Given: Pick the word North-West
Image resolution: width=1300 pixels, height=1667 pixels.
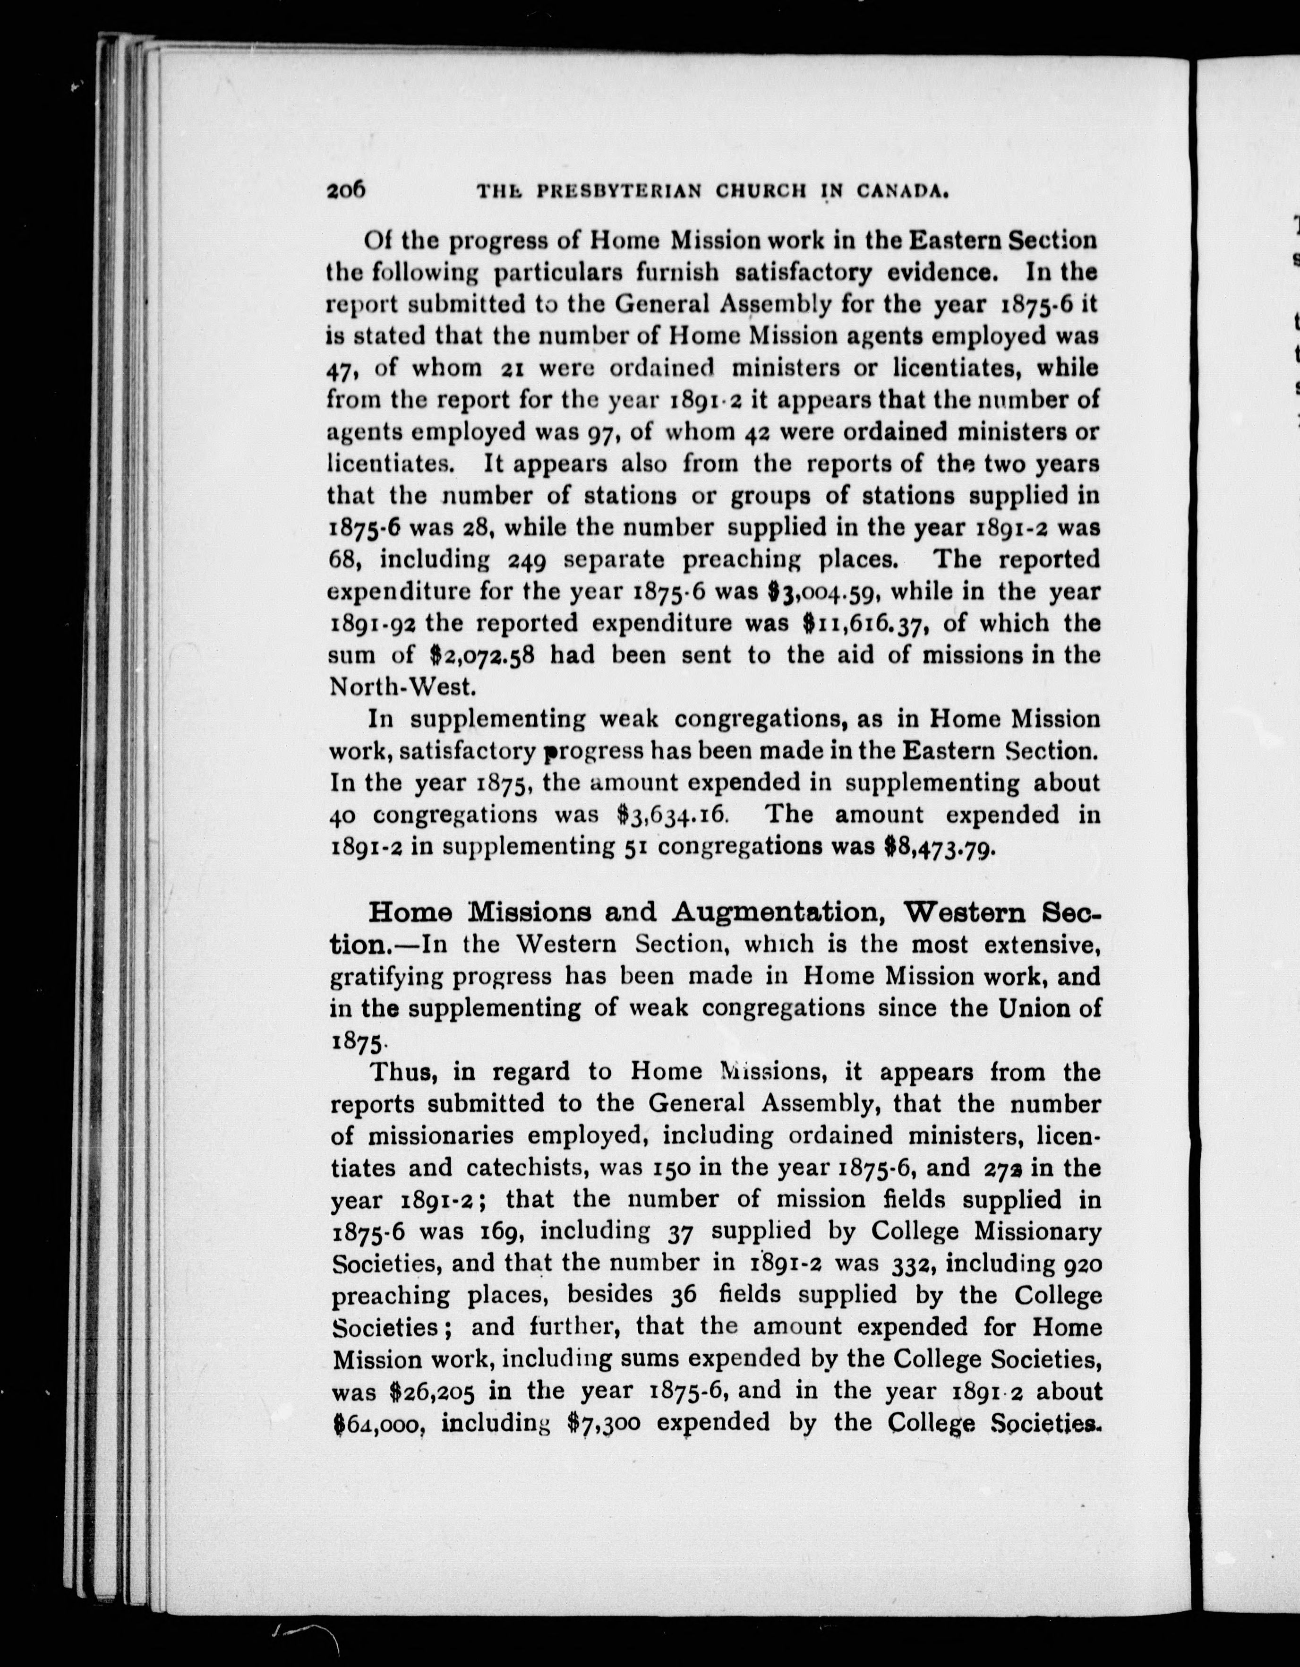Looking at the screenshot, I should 402,687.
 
